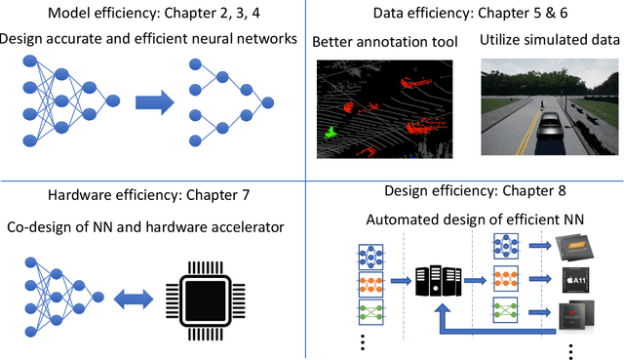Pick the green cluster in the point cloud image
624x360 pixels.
[x=331, y=132]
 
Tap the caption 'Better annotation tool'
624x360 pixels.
[x=384, y=42]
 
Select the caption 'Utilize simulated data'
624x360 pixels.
[x=551, y=41]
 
